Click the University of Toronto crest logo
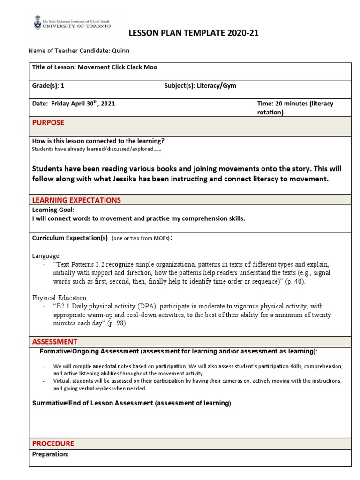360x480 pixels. point(37,22)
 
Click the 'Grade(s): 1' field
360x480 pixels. point(45,86)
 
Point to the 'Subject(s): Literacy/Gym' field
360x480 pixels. point(197,86)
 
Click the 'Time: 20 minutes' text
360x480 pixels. point(295,104)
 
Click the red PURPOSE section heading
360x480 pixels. point(48,123)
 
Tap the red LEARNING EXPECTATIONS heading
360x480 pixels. point(76,200)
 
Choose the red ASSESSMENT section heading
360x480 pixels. point(55,341)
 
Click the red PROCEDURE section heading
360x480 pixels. point(53,443)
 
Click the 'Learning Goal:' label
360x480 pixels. point(53,210)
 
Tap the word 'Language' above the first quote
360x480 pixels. point(45,256)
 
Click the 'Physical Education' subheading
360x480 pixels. point(59,298)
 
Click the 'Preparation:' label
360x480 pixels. point(51,454)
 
